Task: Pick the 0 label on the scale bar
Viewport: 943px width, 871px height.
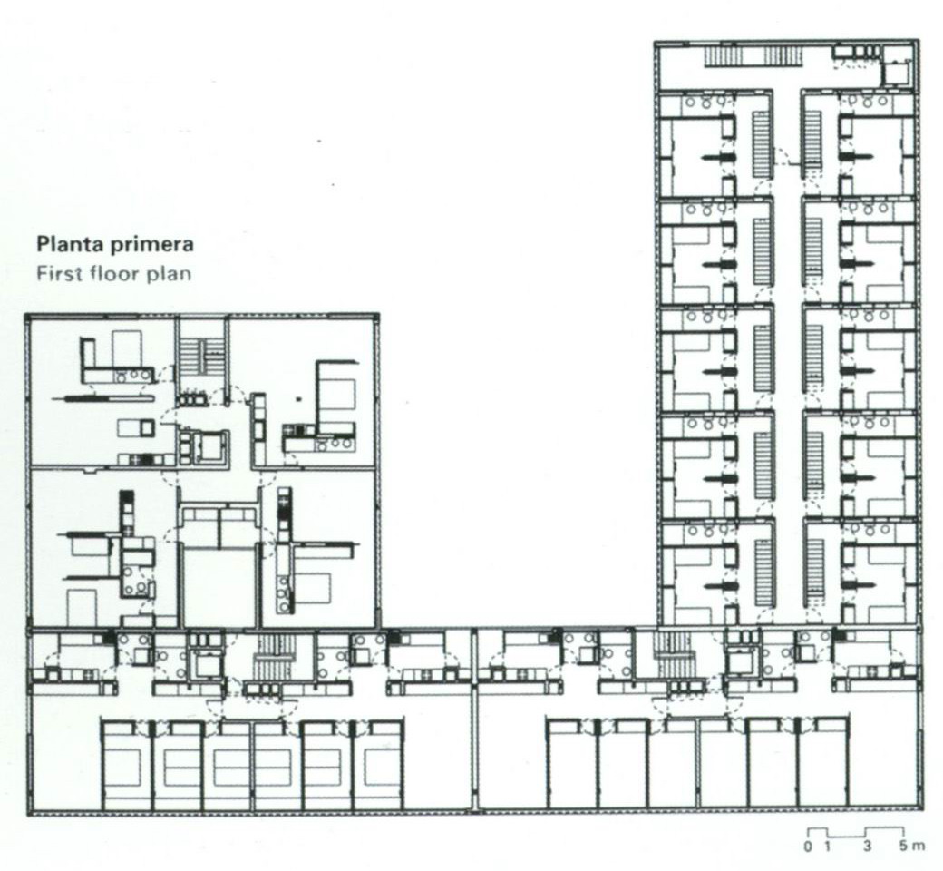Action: [x=808, y=847]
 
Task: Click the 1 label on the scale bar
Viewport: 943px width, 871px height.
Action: [x=828, y=847]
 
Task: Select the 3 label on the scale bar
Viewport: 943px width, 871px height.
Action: [x=867, y=847]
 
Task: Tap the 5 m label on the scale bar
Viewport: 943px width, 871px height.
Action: [x=912, y=847]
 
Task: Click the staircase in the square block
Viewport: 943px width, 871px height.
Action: [x=203, y=357]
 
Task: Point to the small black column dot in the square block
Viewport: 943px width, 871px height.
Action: [x=299, y=398]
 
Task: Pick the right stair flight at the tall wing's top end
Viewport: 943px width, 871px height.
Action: [x=783, y=57]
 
